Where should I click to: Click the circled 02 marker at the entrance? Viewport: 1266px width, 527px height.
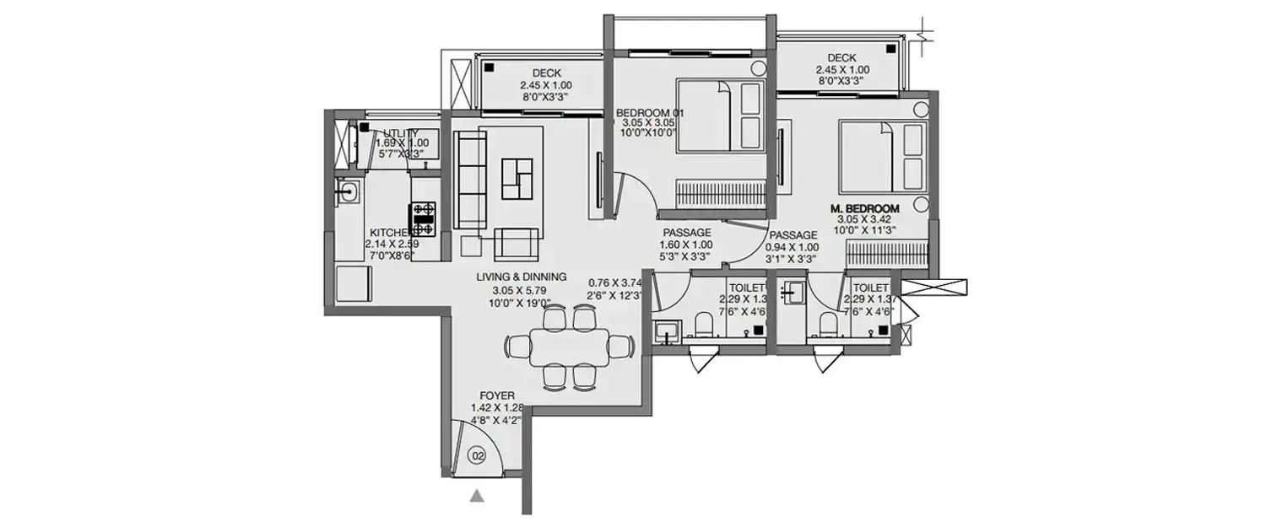click(479, 456)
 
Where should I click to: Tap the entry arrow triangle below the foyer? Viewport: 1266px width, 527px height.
click(477, 497)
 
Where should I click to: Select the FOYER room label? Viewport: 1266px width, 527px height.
click(497, 395)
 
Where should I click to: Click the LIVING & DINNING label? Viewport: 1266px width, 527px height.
click(521, 277)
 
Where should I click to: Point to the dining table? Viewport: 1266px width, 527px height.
click(570, 347)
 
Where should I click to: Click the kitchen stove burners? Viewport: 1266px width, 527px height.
click(423, 218)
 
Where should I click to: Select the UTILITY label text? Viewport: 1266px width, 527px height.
click(402, 133)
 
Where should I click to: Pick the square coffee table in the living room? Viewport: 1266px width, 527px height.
click(519, 178)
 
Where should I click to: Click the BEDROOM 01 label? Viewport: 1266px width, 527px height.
click(648, 112)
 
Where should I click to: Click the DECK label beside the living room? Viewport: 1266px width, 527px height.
click(546, 73)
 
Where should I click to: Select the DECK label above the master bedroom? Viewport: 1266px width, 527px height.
click(842, 58)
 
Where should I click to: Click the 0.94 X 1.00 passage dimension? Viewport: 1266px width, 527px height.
click(791, 247)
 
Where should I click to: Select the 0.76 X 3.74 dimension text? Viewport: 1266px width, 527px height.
click(615, 282)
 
